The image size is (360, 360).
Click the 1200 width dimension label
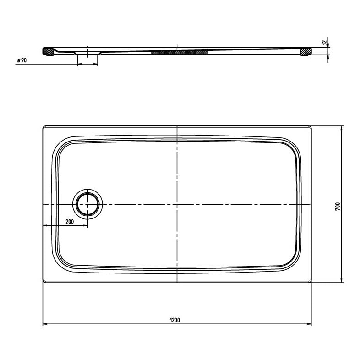tap(175, 320)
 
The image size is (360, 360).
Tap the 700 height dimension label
tap(337, 207)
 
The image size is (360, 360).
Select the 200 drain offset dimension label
tap(70, 222)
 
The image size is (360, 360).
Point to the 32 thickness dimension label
tap(324, 43)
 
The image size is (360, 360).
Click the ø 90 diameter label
tap(22, 60)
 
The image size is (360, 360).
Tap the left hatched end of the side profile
tap(49, 52)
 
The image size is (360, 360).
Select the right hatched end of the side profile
tap(306, 52)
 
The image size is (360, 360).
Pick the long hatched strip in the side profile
tap(180, 52)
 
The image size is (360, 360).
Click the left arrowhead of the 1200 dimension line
tap(45, 324)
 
